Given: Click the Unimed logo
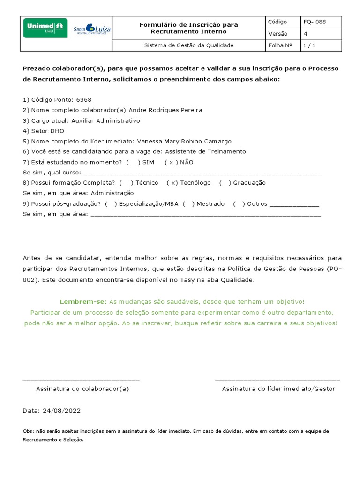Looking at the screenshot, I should tap(45, 28).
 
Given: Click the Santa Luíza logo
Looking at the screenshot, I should tap(92, 30).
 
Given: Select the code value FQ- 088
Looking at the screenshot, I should tap(315, 22).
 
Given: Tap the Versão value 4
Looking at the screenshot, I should tap(306, 34).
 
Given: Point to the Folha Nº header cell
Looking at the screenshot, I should tap(280, 45).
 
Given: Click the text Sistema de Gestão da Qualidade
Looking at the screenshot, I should tap(188, 45).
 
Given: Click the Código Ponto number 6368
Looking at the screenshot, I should tap(83, 100).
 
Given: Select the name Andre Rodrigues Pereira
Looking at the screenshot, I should tap(165, 110).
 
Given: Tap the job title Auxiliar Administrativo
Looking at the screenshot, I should tap(105, 120).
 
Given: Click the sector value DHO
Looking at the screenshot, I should tap(57, 131).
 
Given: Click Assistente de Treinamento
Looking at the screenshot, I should tap(205, 151).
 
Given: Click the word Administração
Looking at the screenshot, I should tap(112, 193).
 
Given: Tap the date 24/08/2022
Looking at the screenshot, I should tap(61, 411).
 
